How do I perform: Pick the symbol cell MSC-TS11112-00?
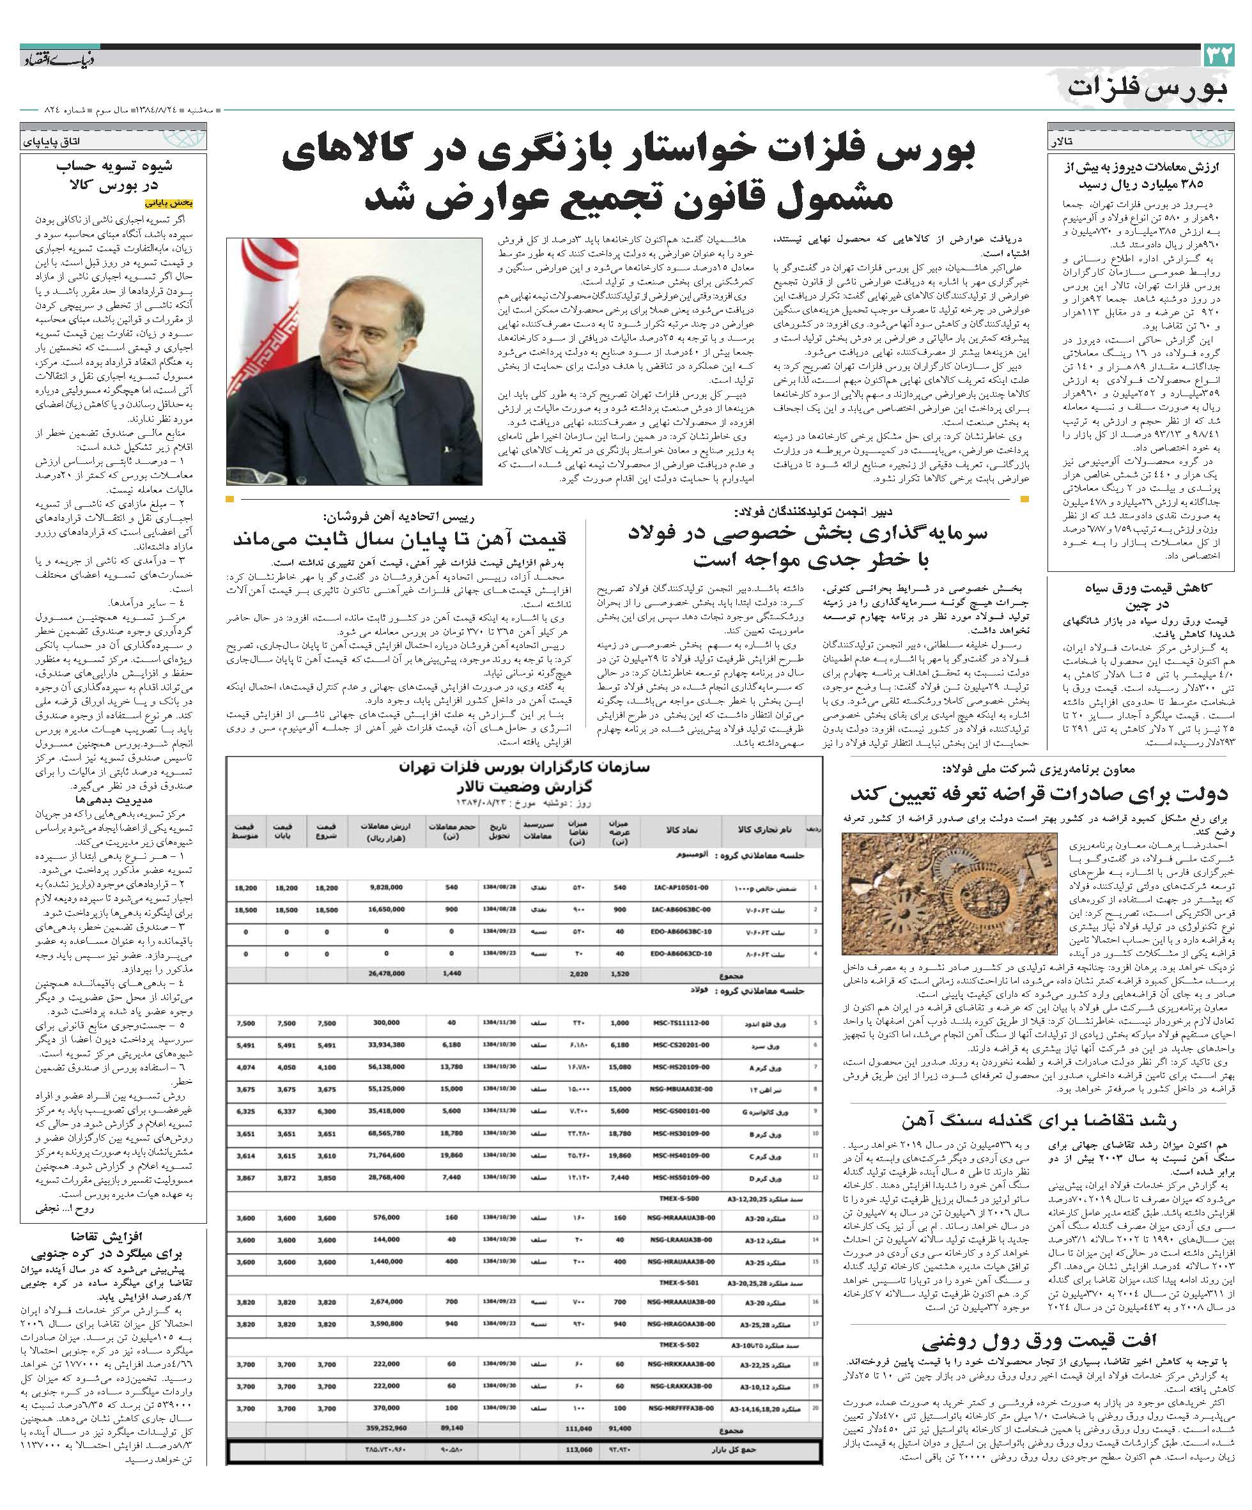coord(677,1023)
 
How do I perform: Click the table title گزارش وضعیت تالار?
coord(524,785)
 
